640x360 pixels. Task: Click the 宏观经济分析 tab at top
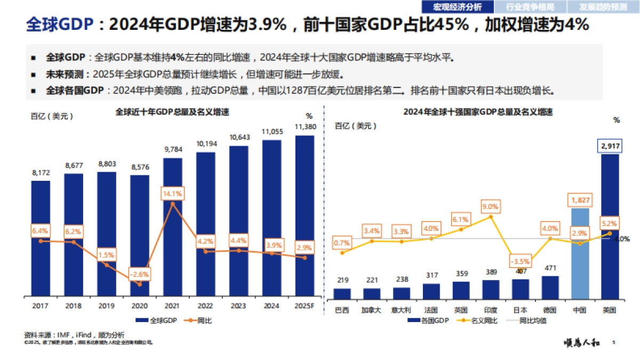coord(457,7)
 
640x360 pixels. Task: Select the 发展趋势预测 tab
coord(604,7)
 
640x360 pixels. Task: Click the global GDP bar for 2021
coord(172,227)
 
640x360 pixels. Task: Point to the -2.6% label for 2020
coord(140,275)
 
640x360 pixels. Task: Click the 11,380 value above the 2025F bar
coord(305,127)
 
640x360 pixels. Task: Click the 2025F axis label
coord(305,307)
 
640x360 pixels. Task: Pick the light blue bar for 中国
coord(580,253)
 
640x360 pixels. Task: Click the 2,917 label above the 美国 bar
coord(610,146)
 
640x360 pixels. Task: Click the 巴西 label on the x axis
coord(342,310)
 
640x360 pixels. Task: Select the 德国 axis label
coord(550,310)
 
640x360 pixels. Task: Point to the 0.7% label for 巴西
coord(342,243)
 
